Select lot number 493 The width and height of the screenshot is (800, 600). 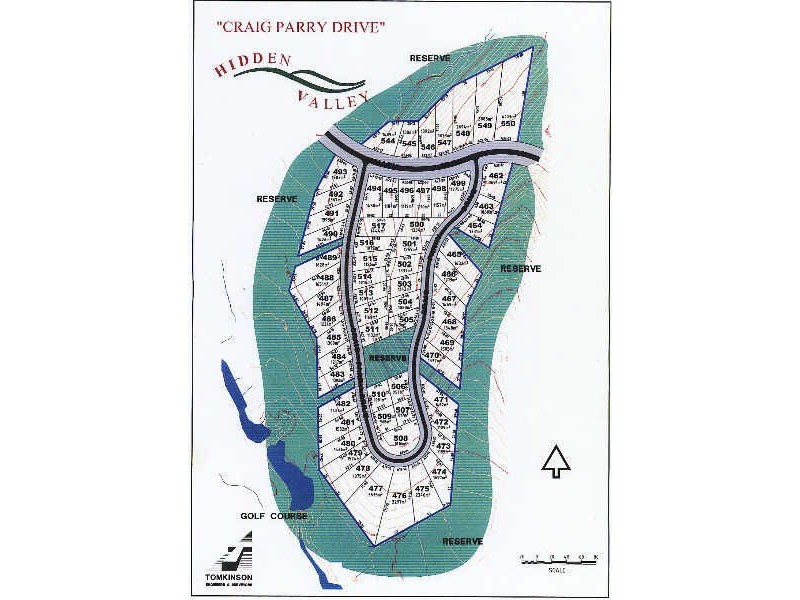click(x=339, y=172)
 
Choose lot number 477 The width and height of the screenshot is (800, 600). click(x=376, y=488)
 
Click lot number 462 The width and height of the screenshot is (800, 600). click(x=496, y=176)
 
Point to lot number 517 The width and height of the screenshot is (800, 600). click(x=378, y=227)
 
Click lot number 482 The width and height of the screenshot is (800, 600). click(x=343, y=404)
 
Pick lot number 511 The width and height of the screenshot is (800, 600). click(x=371, y=329)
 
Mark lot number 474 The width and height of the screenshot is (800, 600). click(x=438, y=471)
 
